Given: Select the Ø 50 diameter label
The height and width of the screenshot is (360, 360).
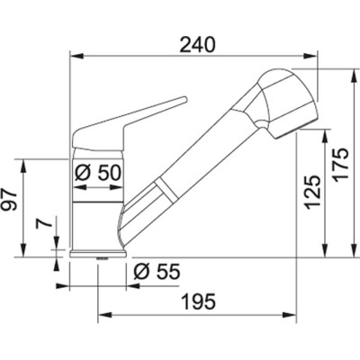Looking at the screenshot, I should tap(98, 171).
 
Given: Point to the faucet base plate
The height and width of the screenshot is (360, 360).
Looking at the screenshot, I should tap(94, 256).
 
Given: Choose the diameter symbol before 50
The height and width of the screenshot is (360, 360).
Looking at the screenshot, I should tap(82, 171).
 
